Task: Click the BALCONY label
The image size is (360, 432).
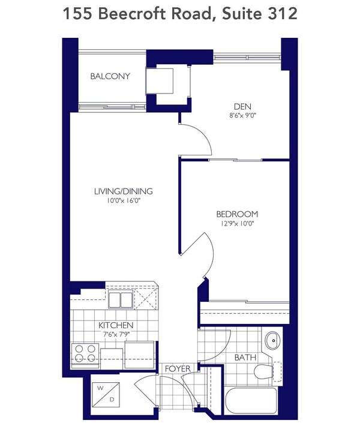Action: pyautogui.click(x=110, y=76)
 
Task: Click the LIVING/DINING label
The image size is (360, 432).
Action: pyautogui.click(x=124, y=191)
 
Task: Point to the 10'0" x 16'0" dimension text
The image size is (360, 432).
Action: pyautogui.click(x=124, y=201)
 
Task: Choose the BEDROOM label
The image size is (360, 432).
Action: pyautogui.click(x=238, y=214)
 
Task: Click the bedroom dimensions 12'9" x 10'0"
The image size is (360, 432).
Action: pyautogui.click(x=238, y=224)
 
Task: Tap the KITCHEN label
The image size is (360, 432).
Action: pyautogui.click(x=116, y=325)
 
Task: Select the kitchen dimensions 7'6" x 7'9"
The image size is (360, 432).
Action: pyautogui.click(x=116, y=334)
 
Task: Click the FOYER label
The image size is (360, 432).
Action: pyautogui.click(x=178, y=368)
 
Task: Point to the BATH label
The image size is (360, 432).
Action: pyautogui.click(x=245, y=357)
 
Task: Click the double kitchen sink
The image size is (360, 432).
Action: pyautogui.click(x=121, y=299)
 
